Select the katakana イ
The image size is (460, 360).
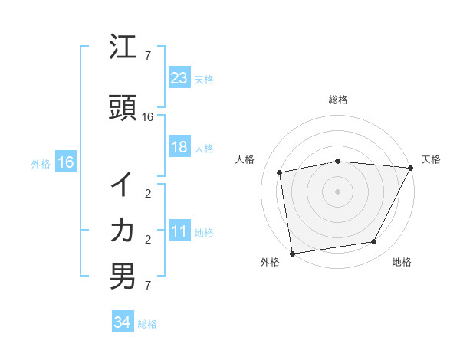pyautogui.click(x=123, y=185)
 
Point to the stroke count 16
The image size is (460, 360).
pyautogui.click(x=149, y=117)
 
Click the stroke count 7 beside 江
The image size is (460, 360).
pyautogui.click(x=148, y=56)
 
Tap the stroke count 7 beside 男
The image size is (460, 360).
pyautogui.click(x=148, y=286)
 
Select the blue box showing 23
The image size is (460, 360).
pyautogui.click(x=179, y=77)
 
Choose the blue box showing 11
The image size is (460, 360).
pyautogui.click(x=179, y=231)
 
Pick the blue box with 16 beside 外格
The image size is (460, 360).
pyautogui.click(x=65, y=162)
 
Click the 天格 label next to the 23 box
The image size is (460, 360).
pyautogui.click(x=204, y=80)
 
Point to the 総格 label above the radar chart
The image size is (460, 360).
pyautogui.click(x=337, y=100)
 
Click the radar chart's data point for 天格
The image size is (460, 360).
pyautogui.click(x=411, y=168)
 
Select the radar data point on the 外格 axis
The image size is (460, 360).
pyautogui.click(x=292, y=253)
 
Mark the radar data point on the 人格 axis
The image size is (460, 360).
pyautogui.click(x=280, y=172)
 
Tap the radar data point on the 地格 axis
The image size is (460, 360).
pyautogui.click(x=374, y=242)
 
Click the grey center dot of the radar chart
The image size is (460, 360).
pyautogui.click(x=337, y=191)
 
